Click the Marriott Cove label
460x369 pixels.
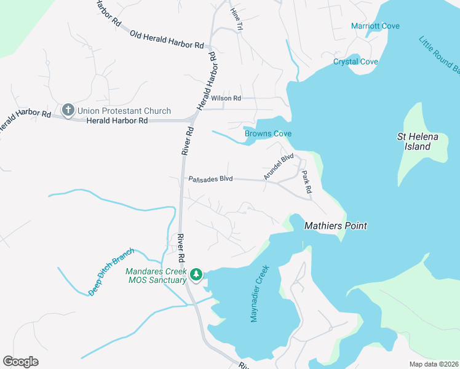coord(375,26)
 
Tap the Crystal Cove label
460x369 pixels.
coord(355,61)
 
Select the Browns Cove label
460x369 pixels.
coord(268,133)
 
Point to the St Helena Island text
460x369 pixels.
coord(418,142)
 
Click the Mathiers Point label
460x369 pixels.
coord(336,226)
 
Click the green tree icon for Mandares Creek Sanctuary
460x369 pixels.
coord(196,274)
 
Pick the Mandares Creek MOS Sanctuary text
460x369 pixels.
coord(156,276)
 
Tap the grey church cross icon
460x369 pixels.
coord(68,111)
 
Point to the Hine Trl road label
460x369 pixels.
coord(236,18)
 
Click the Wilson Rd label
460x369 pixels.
coord(226,98)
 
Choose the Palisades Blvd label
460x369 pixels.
coord(210,179)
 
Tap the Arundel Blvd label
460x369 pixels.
coord(279,167)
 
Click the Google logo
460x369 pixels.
coord(20,361)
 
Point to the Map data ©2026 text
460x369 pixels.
coord(433,364)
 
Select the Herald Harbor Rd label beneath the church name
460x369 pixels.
coord(117,121)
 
